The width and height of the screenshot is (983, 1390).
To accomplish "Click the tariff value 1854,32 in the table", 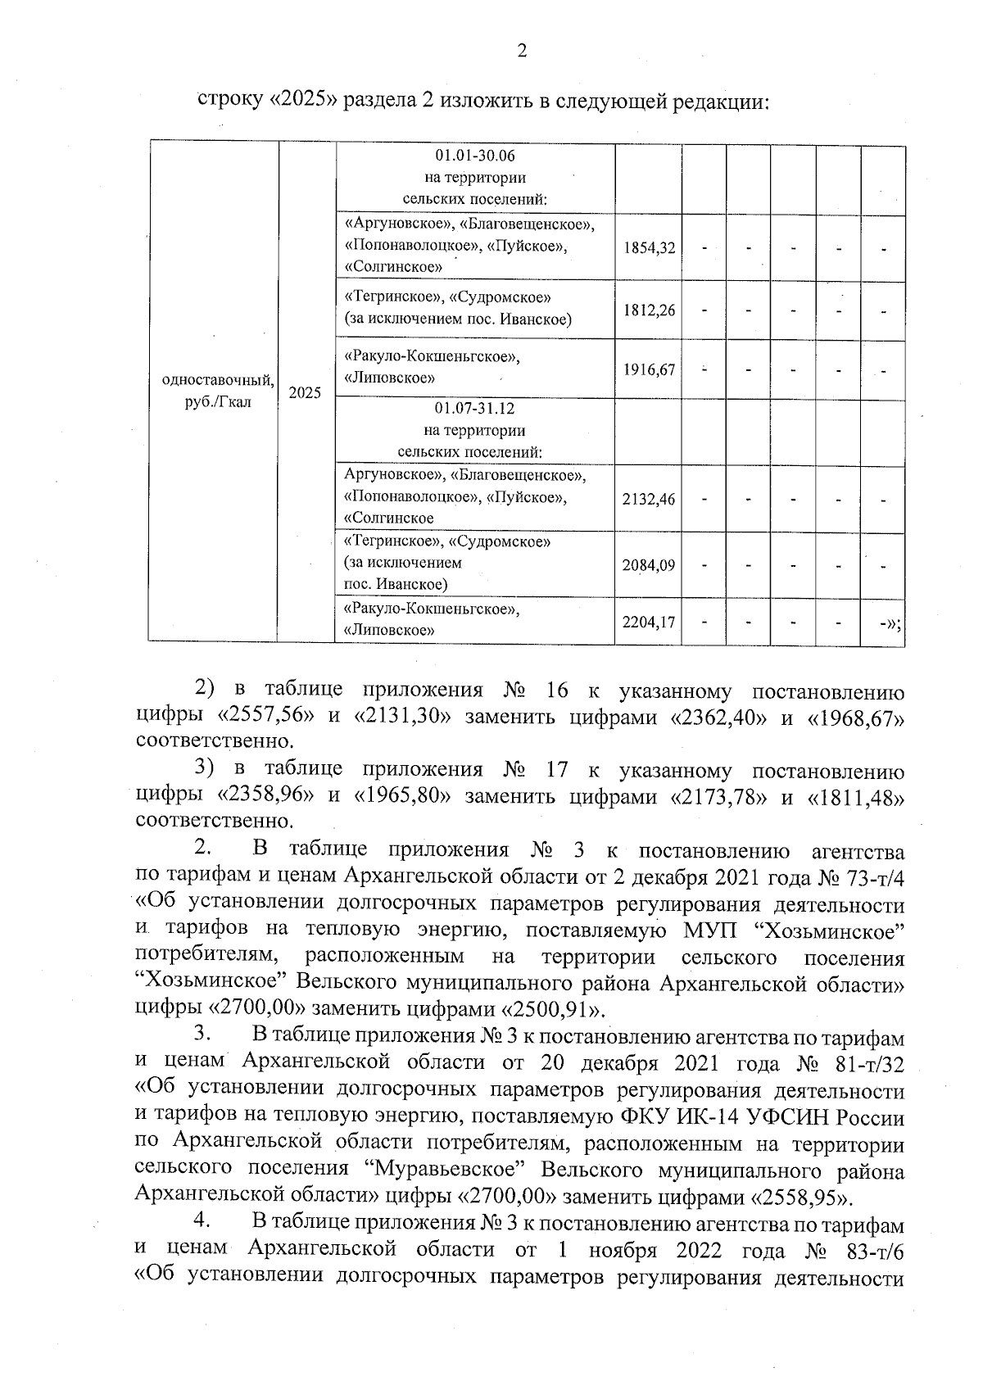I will click(649, 247).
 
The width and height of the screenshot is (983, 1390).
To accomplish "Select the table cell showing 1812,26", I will click(649, 310).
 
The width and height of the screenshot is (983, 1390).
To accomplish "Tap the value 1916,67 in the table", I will click(649, 369).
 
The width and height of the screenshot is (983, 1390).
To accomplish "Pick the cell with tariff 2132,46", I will click(649, 498).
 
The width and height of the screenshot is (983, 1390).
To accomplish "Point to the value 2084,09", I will click(649, 564).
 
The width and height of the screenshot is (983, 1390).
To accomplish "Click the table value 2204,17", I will click(649, 623).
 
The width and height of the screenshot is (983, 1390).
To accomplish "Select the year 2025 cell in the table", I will click(306, 392).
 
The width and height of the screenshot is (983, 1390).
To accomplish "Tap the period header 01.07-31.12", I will click(475, 409).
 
